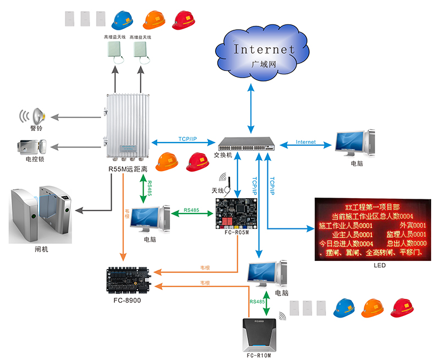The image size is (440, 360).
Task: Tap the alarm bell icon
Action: coord(37,116)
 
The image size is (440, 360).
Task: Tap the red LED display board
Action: coord(371,228)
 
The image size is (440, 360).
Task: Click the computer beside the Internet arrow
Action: coord(352,144)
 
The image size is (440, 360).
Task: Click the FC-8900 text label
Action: coord(127,301)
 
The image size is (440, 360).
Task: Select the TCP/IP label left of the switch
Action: coord(188,139)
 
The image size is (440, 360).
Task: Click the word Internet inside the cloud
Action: coord(264,48)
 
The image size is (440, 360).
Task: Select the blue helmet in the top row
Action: coord(122,20)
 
